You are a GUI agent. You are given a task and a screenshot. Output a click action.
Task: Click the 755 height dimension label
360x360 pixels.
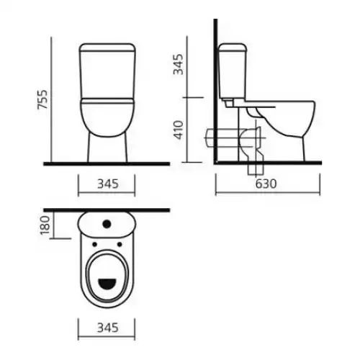click(42, 99)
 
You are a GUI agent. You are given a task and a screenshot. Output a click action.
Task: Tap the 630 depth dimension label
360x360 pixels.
click(266, 184)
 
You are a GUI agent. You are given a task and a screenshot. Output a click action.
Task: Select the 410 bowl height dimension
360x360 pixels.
click(179, 130)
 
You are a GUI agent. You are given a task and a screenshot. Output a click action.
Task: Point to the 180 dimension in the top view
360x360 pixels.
click(45, 225)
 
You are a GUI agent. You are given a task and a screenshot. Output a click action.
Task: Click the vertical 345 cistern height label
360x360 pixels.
click(179, 64)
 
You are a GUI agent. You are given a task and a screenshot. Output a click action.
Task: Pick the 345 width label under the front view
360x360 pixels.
click(108, 184)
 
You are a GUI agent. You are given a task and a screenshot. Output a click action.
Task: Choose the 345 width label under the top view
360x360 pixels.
click(108, 328)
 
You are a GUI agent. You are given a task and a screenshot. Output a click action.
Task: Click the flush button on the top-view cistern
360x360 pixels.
click(107, 224)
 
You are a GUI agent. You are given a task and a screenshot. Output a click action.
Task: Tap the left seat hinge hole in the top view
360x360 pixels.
click(94, 244)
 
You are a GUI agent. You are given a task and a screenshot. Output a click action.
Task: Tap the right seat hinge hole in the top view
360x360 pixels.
click(120, 244)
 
